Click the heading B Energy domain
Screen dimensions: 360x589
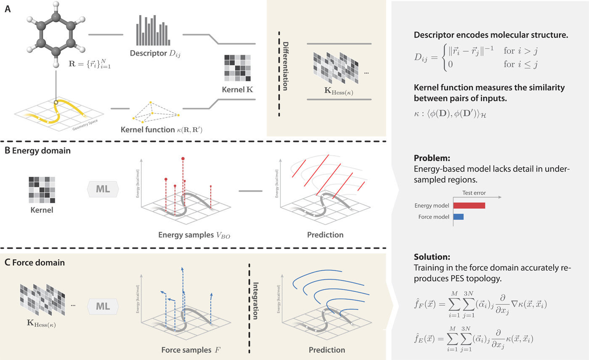point(32,151)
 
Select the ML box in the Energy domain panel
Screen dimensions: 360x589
point(103,189)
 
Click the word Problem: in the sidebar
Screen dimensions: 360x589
point(432,159)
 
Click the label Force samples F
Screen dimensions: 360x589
point(183,350)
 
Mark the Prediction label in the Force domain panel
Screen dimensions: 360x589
point(327,350)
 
